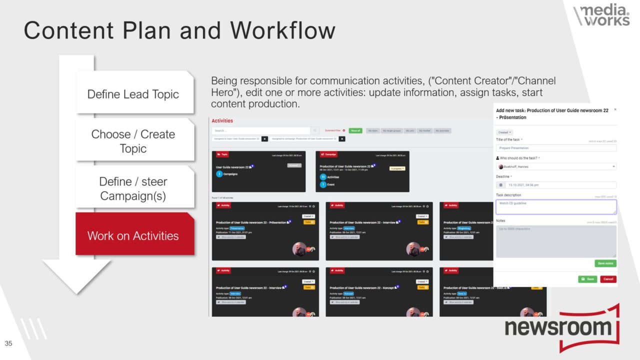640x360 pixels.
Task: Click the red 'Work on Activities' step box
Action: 133,235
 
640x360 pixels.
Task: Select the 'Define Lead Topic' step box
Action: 133,94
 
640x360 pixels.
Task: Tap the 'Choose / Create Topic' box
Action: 133,141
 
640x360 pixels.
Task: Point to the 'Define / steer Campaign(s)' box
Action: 133,188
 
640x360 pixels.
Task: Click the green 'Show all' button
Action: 355,130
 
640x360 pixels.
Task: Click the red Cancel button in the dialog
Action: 608,279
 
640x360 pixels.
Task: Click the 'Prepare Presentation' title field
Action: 556,148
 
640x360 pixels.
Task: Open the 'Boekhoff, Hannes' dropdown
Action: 556,166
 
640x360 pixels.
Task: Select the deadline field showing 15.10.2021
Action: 556,185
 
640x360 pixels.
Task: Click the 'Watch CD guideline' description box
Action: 556,206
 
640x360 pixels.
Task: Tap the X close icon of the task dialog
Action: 615,109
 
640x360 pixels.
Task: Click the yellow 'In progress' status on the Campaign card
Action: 397,168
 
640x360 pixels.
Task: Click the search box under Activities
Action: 261,130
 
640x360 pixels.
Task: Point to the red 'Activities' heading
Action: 222,120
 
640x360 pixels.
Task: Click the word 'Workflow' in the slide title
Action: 282,31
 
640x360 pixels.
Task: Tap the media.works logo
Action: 602,15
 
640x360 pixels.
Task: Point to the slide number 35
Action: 8,343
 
